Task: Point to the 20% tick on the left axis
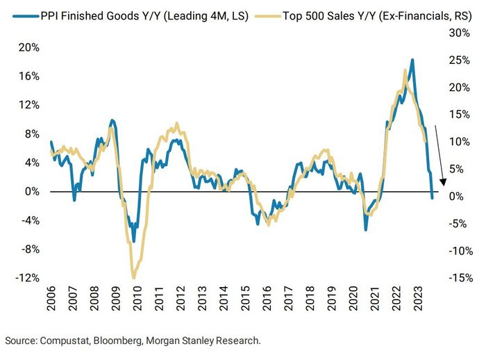(31, 47)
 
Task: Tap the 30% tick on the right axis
(458, 32)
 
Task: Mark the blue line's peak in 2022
(412, 60)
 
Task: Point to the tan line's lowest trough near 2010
(133, 277)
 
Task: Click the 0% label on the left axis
(33, 191)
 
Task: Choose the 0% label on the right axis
(458, 196)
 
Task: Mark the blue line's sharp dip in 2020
(366, 229)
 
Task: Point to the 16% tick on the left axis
(31, 76)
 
